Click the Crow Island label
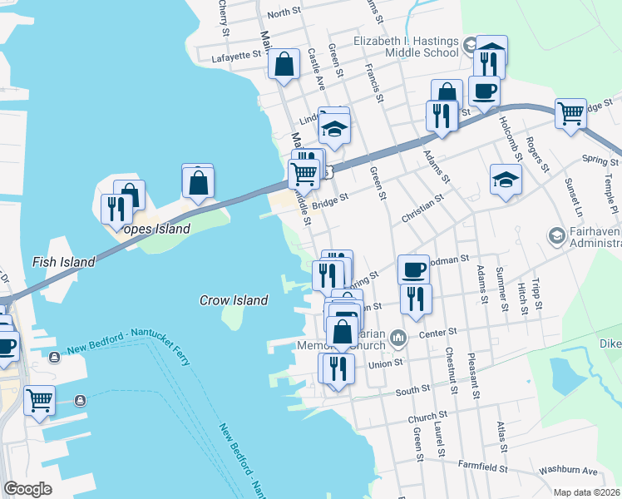pyautogui.click(x=234, y=300)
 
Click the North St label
pyautogui.click(x=284, y=12)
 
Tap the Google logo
pyautogui.click(x=27, y=488)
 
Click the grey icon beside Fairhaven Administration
pyautogui.click(x=555, y=236)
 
